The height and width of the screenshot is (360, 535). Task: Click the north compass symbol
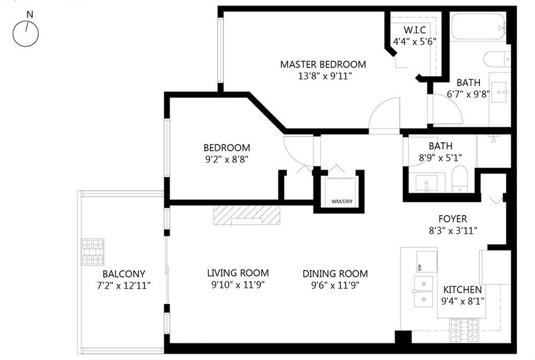[25, 33]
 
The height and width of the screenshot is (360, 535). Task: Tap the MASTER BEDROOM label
[323, 64]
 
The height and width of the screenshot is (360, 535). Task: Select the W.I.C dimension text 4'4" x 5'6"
[415, 42]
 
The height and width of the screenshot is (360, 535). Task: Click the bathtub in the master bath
[478, 26]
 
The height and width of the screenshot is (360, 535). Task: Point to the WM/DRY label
[342, 201]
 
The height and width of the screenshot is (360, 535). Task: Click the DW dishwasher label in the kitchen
[419, 268]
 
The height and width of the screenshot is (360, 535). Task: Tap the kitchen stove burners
[464, 330]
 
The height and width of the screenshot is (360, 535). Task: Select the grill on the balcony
[93, 252]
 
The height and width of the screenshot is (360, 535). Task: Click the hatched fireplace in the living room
[247, 215]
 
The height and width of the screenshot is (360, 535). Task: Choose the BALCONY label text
[124, 274]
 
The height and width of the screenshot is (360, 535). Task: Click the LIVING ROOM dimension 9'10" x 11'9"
[238, 285]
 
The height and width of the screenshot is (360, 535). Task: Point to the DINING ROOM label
[335, 274]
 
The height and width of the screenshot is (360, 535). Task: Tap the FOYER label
[452, 219]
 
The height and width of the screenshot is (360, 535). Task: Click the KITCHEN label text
[462, 290]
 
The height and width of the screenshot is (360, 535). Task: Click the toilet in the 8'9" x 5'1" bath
[460, 179]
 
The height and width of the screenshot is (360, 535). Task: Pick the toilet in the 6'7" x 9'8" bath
[497, 59]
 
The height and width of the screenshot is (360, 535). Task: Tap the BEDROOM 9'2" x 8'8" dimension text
[226, 159]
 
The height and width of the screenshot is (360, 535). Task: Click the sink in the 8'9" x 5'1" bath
[426, 183]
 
